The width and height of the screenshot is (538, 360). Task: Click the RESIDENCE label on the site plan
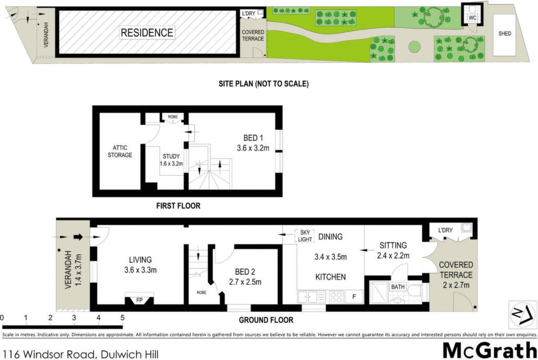click(x=147, y=33)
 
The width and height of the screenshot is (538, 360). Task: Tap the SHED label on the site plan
click(x=504, y=34)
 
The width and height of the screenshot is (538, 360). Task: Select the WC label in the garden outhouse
click(x=472, y=17)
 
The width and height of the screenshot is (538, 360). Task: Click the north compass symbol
click(x=522, y=314)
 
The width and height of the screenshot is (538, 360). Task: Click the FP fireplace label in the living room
click(x=139, y=300)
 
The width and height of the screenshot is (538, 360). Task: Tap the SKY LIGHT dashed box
click(x=305, y=236)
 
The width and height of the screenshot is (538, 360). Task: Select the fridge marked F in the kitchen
click(x=354, y=297)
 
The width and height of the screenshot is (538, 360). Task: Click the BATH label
click(x=398, y=286)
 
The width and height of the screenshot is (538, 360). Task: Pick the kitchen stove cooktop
click(x=336, y=297)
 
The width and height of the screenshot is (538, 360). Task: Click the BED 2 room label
click(x=245, y=272)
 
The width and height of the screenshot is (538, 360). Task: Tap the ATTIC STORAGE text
click(x=120, y=151)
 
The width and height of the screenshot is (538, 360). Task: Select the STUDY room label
click(x=171, y=156)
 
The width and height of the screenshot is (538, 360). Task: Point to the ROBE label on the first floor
click(x=173, y=117)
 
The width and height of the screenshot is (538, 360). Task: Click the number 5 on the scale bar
click(x=122, y=317)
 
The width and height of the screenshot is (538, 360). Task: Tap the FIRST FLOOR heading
click(x=178, y=206)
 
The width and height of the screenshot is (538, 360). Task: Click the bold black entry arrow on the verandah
click(x=78, y=237)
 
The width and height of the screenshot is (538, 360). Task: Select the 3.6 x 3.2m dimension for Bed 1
click(x=253, y=148)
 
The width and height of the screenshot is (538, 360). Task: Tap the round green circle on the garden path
click(x=414, y=46)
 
